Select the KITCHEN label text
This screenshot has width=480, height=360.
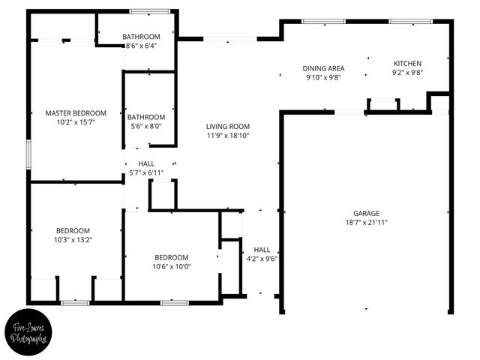click(x=408, y=64)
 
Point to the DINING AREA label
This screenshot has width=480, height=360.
click(x=323, y=68)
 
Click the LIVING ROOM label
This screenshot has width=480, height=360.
click(x=228, y=127)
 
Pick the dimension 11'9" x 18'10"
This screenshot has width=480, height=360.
click(x=228, y=136)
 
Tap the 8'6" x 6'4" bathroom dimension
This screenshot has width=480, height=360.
click(x=142, y=46)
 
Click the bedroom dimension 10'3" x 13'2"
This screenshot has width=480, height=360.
click(x=73, y=240)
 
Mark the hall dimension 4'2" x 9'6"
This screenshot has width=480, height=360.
click(x=262, y=259)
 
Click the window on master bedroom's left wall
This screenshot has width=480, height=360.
click(x=28, y=154)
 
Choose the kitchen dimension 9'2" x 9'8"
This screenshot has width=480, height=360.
click(x=408, y=73)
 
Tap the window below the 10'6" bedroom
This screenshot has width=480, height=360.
click(x=174, y=302)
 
